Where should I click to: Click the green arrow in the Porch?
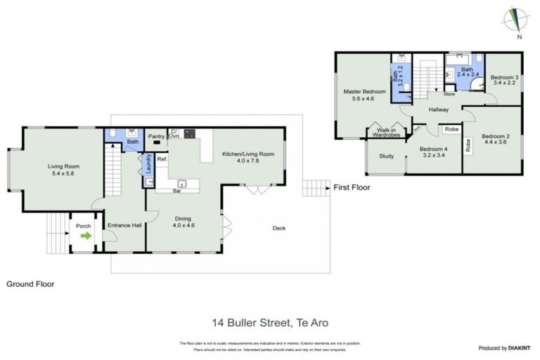(x=86, y=236)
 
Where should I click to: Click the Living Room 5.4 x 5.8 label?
(x=64, y=171)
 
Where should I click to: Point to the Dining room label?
(x=184, y=222)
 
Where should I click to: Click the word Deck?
(x=279, y=228)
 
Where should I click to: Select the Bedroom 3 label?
(x=504, y=81)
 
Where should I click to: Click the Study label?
(x=386, y=156)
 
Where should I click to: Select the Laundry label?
(x=148, y=163)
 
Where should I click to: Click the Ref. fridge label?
(x=162, y=160)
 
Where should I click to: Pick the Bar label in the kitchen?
(x=182, y=190)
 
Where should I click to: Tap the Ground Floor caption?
(x=30, y=284)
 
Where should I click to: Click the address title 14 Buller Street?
(x=270, y=323)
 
